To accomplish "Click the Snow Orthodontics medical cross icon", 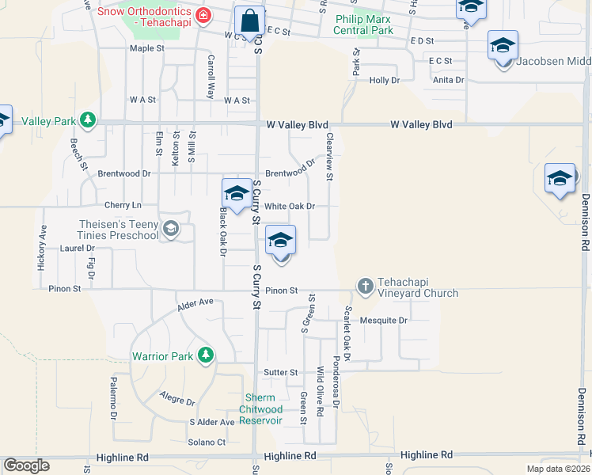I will (x=203, y=15).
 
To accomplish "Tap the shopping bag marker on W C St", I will (x=249, y=21).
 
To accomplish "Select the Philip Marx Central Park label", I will (x=364, y=25).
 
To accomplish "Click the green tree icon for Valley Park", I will (x=89, y=121).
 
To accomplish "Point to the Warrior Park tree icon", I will (x=206, y=355).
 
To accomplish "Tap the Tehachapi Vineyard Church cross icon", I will (x=365, y=285).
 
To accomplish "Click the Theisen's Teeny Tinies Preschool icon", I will (x=169, y=230).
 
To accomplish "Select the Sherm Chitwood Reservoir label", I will (x=261, y=409).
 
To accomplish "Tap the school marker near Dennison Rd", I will (x=560, y=179).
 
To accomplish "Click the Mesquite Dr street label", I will (x=383, y=321).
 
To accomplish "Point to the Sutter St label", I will (x=281, y=372).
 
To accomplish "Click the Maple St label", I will (x=146, y=48).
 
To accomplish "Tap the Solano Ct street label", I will (x=207, y=442).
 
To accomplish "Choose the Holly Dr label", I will (x=384, y=81).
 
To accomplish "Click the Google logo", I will (x=26, y=465).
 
